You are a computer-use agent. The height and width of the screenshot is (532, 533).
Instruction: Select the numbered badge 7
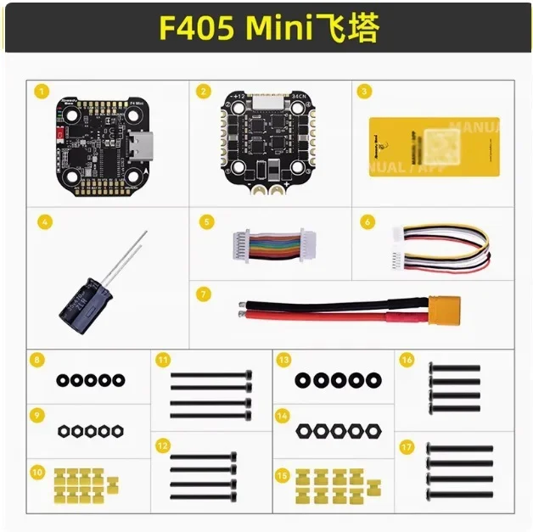[202, 294]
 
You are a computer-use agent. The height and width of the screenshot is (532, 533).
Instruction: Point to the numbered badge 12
[162, 445]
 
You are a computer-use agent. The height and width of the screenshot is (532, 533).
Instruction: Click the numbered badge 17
[407, 445]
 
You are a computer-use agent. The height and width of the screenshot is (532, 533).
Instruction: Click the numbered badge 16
[407, 361]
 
